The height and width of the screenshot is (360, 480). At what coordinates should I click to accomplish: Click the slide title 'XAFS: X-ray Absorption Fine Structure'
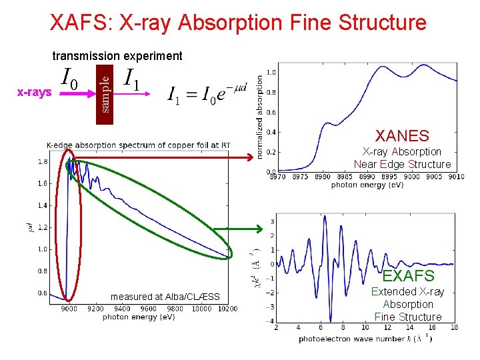[238, 23]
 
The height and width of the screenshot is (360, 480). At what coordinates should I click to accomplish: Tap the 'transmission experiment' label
[117, 56]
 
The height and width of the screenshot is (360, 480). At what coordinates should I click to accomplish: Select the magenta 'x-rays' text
[34, 92]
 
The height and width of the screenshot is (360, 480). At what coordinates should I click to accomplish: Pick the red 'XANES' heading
[402, 136]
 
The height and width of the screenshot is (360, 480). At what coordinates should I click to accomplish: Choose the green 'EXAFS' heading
[408, 276]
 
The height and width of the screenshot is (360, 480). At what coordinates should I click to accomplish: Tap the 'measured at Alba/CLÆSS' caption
[165, 296]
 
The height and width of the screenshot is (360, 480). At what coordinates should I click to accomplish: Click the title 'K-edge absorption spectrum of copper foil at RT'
[138, 145]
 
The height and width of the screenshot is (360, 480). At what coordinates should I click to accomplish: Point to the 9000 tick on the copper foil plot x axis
[69, 309]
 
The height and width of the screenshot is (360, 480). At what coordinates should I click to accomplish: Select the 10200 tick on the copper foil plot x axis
[228, 309]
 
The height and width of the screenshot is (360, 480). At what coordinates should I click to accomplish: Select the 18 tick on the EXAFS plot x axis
[454, 327]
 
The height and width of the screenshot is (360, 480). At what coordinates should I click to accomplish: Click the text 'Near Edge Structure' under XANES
[402, 164]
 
